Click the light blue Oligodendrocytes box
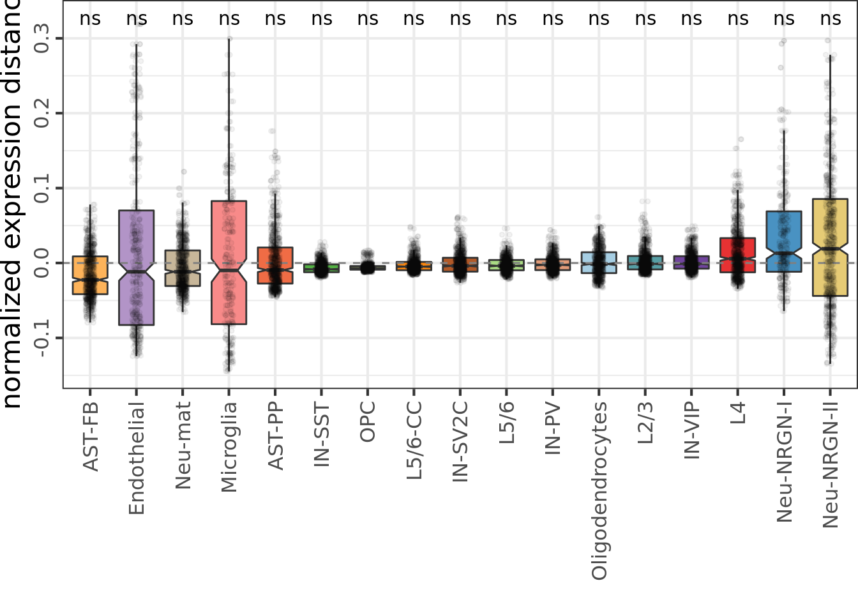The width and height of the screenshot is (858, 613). pos(599,262)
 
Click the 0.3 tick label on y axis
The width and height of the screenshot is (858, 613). pos(41,38)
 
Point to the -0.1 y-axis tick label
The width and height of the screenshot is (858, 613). pos(41,338)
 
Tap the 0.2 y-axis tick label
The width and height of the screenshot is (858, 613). pos(41,113)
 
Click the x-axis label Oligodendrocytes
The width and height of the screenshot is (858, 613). pos(599,490)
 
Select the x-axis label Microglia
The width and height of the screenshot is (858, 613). pos(229,446)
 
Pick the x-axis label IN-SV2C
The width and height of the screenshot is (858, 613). pos(460,441)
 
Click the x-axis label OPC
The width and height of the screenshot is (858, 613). pos(368,422)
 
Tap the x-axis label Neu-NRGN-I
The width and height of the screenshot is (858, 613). pos(784,462)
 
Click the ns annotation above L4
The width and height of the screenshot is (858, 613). pos(737,19)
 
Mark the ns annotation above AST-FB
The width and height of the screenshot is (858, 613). pos(90,19)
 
